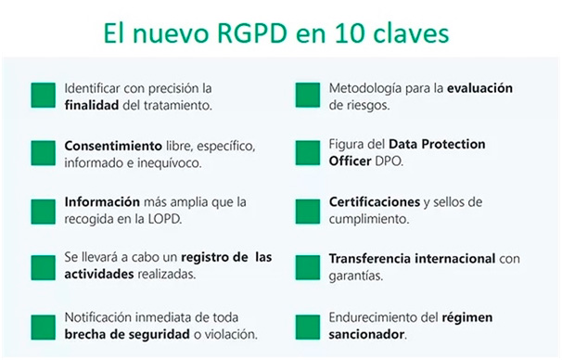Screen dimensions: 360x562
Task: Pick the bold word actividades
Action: click(98, 276)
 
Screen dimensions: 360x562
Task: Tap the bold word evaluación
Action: click(479, 89)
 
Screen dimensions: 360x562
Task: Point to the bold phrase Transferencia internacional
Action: click(413, 259)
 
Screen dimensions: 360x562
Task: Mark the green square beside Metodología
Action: click(307, 96)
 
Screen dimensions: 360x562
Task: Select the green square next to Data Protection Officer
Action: click(307, 153)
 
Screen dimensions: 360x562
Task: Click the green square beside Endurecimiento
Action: click(307, 326)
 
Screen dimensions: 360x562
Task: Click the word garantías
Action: click(357, 276)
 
